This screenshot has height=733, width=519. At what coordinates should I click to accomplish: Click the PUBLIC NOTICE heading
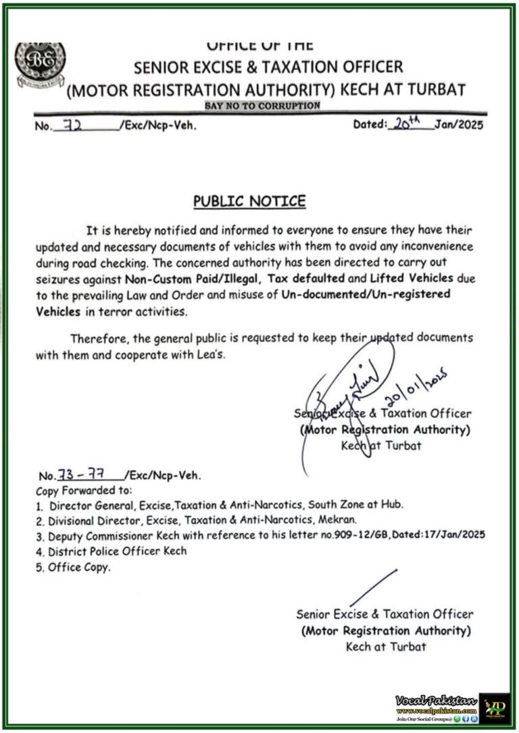(x=249, y=201)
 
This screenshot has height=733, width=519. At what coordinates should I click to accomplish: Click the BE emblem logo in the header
(x=40, y=63)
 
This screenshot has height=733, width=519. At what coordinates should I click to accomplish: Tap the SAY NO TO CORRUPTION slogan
(x=262, y=106)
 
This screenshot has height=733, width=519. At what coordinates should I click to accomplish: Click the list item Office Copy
(x=78, y=568)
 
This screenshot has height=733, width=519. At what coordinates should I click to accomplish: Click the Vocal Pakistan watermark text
(x=436, y=701)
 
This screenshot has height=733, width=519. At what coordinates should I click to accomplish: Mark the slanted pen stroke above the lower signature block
(x=373, y=588)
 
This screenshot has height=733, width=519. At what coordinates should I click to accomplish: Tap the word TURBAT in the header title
(x=436, y=89)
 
